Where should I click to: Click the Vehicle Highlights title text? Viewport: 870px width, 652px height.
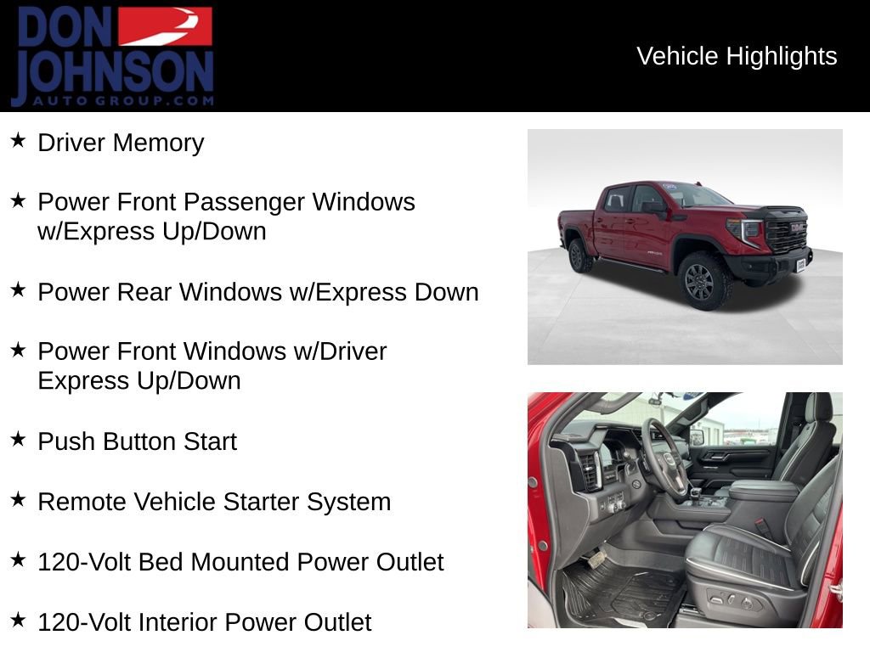coord(737,56)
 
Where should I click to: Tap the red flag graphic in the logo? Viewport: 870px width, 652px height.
coord(165,26)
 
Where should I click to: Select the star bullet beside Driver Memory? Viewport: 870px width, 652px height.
coord(18,140)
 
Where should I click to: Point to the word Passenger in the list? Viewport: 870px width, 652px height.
coord(246,202)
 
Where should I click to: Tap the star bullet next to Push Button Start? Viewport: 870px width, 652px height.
coord(18,439)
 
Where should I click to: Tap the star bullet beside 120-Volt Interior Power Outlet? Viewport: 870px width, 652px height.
coord(18,620)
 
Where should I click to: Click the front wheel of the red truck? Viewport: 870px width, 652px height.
coord(700,282)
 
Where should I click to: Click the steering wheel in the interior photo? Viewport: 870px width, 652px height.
coord(664,458)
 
